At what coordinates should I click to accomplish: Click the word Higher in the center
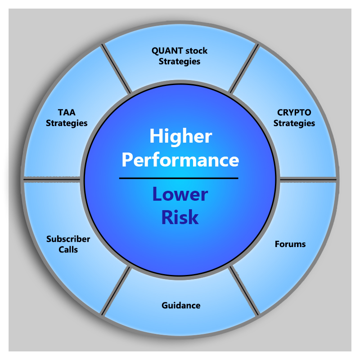[180, 137]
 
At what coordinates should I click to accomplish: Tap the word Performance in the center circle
[180, 160]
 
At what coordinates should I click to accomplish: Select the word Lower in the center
[180, 194]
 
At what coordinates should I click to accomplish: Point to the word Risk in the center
[180, 217]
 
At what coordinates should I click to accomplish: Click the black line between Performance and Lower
[179, 178]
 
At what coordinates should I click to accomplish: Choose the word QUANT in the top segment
[164, 51]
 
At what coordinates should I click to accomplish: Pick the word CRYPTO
[294, 112]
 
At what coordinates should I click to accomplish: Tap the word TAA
[66, 112]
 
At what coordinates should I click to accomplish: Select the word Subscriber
[68, 239]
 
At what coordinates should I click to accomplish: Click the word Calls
[68, 249]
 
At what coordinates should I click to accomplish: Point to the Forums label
[290, 244]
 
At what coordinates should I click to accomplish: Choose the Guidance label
[181, 306]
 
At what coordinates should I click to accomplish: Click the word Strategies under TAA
[67, 123]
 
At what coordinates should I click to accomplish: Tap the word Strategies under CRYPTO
[294, 123]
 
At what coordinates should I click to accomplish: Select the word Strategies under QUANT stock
[180, 61]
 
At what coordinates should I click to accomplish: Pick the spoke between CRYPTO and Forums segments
[308, 179]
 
